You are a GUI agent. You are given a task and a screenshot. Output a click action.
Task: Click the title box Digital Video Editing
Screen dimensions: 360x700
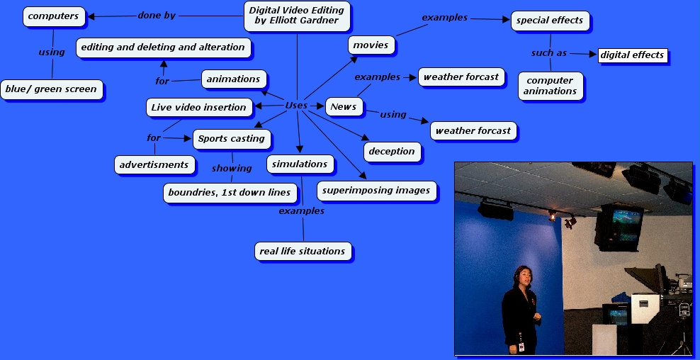pyautogui.click(x=297, y=16)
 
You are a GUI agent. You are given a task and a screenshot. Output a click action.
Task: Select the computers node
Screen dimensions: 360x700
pyautogui.click(x=53, y=16)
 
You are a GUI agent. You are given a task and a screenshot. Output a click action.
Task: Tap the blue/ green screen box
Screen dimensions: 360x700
pyautogui.click(x=51, y=89)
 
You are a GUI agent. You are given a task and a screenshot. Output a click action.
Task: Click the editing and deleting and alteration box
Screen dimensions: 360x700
pyautogui.click(x=162, y=47)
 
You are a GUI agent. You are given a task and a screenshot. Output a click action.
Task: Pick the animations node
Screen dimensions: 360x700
pyautogui.click(x=233, y=79)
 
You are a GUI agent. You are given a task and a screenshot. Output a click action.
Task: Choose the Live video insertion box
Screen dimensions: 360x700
pyautogui.click(x=198, y=108)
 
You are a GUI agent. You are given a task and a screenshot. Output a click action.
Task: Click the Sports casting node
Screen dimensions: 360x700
pyautogui.click(x=231, y=139)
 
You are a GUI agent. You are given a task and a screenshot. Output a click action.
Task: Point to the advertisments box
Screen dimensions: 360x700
pyautogui.click(x=154, y=165)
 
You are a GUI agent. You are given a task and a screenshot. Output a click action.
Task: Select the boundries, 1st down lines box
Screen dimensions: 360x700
pyautogui.click(x=229, y=193)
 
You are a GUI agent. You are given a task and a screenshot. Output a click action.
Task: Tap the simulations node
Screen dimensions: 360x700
pyautogui.click(x=300, y=164)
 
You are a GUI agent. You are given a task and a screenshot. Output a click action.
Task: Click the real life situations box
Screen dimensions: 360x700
pyautogui.click(x=303, y=251)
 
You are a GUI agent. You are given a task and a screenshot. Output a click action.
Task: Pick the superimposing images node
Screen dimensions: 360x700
pyautogui.click(x=376, y=190)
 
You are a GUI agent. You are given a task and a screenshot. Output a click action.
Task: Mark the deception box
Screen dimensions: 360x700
pyautogui.click(x=392, y=151)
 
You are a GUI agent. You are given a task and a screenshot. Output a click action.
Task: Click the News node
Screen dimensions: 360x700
pyautogui.click(x=344, y=107)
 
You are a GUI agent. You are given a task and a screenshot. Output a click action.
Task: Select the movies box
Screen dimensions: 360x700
pyautogui.click(x=371, y=45)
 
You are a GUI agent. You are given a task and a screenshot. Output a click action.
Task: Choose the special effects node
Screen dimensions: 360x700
pyautogui.click(x=550, y=21)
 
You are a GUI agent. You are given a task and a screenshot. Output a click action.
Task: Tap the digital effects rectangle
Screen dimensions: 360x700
pyautogui.click(x=632, y=55)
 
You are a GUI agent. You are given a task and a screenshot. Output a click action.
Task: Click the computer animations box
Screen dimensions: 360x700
pyautogui.click(x=551, y=86)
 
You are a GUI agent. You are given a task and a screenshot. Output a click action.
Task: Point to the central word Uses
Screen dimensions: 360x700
pyautogui.click(x=296, y=106)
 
